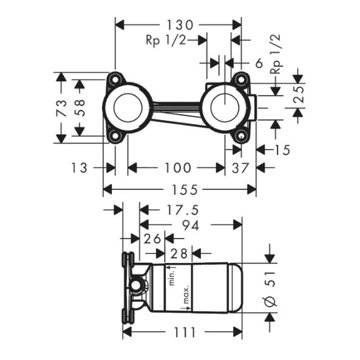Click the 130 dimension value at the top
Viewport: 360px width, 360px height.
(180, 25)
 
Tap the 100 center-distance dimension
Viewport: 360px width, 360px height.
(178, 168)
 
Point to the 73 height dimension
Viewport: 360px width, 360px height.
(61, 107)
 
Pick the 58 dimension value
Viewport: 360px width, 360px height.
(80, 107)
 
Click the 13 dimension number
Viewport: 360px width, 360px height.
(79, 168)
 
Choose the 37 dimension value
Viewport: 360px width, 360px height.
(240, 168)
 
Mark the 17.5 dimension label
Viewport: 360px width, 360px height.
(182, 210)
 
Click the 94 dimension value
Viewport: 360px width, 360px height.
(191, 225)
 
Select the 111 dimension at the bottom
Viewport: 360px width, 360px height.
(185, 332)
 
